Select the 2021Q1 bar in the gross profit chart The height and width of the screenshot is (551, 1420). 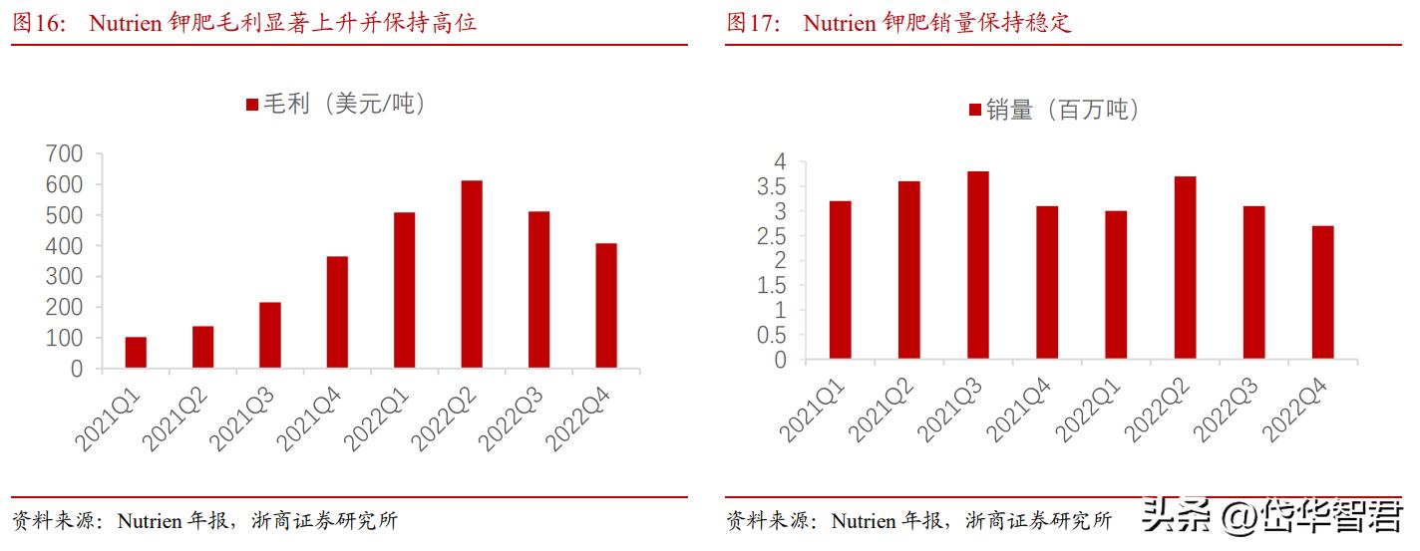[136, 353]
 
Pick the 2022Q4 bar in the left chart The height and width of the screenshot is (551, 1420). [605, 306]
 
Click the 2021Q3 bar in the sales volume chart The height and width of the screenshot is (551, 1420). [978, 265]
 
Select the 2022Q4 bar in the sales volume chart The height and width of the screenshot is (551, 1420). [1323, 292]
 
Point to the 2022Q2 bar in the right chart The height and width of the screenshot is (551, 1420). [1185, 267]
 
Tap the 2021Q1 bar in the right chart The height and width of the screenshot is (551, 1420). [840, 280]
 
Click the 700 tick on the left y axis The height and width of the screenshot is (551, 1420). [64, 154]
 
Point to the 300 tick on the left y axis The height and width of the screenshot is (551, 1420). [64, 277]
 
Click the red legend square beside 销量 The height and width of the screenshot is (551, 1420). [974, 110]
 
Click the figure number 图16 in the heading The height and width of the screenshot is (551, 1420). [37, 23]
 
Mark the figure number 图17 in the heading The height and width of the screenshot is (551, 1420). [752, 23]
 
